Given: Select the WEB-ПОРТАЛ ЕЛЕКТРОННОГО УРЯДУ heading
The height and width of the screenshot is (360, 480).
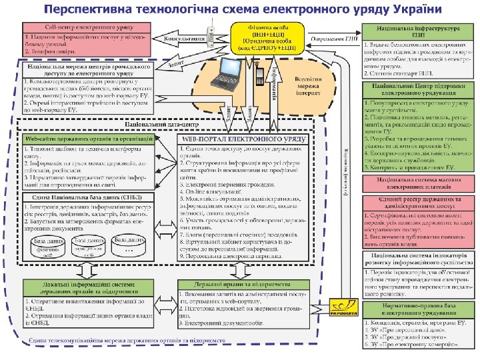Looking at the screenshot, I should click(243, 138).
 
